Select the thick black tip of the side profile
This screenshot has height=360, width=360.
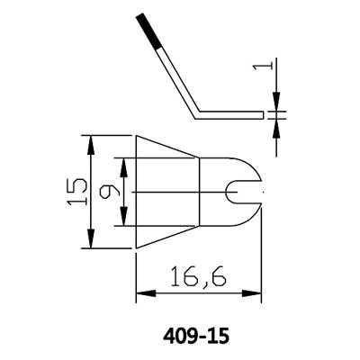coord(148,32)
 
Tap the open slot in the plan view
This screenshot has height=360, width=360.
coord(247,192)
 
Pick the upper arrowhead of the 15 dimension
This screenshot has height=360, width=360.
coord(90,141)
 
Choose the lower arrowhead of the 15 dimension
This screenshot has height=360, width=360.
coord(90,243)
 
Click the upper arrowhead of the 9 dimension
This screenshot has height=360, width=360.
coord(124,164)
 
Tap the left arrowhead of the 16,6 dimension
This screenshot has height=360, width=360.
coord(141,293)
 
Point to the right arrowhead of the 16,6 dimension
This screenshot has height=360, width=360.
coord(257,293)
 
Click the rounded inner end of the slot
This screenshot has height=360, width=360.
coord(231,192)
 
